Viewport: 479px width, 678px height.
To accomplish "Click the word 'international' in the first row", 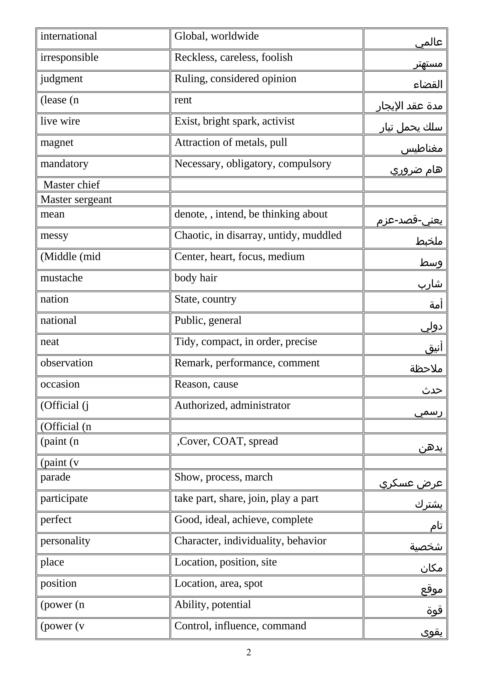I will click(69, 36).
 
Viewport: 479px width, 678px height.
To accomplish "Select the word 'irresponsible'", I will click(69, 58).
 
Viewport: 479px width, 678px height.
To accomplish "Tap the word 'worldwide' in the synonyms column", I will click(235, 36).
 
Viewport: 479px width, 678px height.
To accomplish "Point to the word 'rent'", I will click(183, 100).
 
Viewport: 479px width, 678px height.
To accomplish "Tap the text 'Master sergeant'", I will click(76, 200).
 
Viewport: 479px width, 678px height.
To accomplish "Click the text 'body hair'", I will click(196, 278).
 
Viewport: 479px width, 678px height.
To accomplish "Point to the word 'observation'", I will click(67, 363).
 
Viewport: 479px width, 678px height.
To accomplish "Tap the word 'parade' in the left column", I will click(55, 477).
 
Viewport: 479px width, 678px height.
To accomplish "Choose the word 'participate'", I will click(64, 498).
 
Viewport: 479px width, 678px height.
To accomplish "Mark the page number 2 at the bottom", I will click(248, 652).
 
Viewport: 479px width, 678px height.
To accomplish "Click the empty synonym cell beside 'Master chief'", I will click(266, 185).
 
